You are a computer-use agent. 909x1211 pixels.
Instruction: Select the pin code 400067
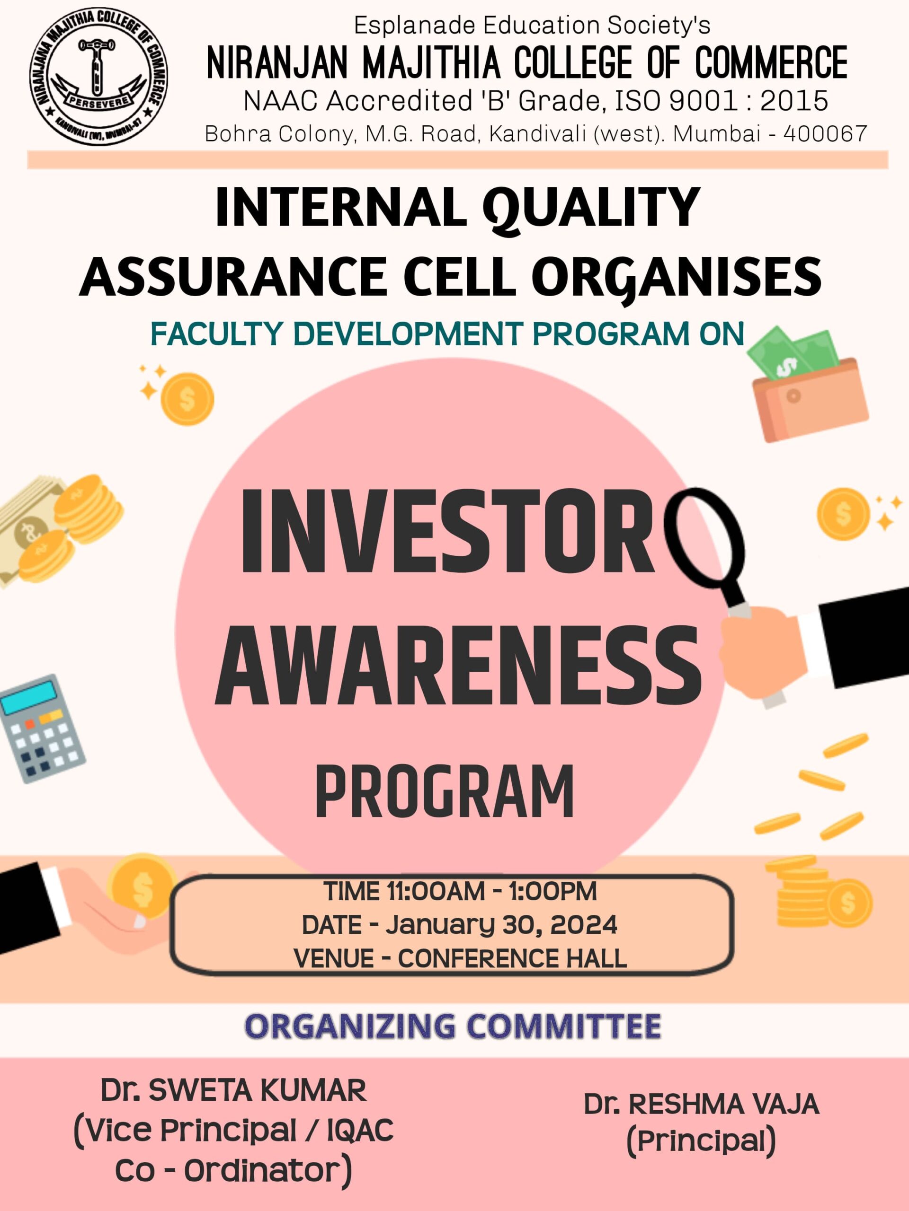point(825,133)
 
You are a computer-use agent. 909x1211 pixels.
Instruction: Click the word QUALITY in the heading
point(591,208)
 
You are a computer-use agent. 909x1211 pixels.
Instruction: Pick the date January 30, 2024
point(501,925)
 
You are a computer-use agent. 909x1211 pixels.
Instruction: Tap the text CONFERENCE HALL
point(512,958)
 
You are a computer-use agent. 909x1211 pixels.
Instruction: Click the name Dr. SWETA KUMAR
point(233,1091)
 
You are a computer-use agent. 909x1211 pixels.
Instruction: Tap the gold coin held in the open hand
point(142,887)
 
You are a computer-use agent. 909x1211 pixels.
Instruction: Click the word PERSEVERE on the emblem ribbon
point(98,101)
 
